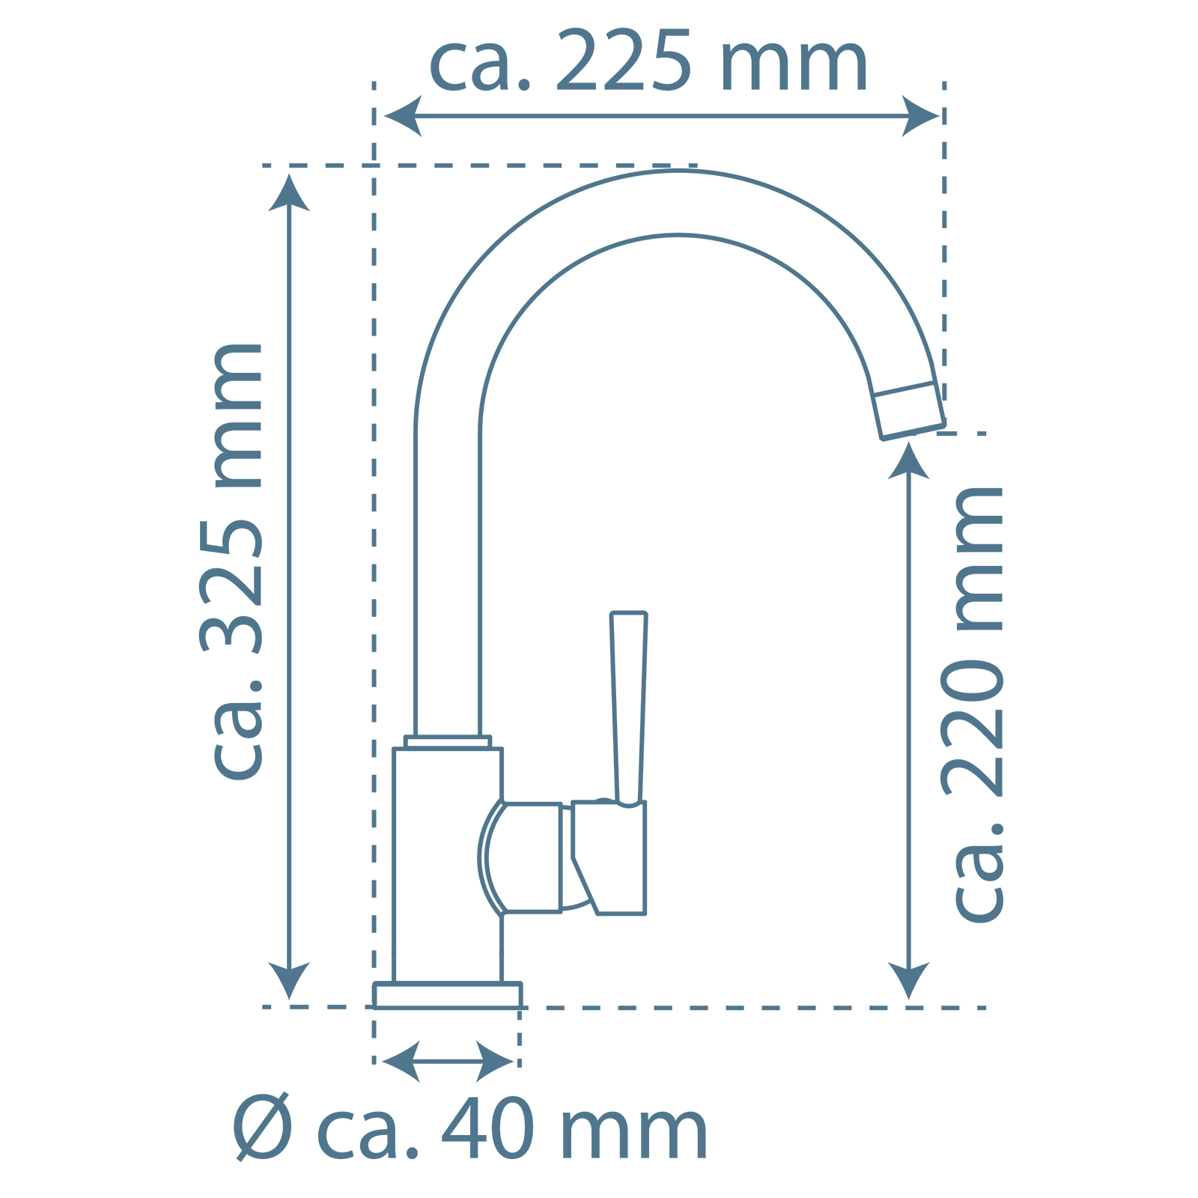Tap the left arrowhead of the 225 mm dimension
point(403,116)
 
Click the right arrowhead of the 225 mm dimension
point(920,116)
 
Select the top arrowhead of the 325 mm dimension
point(289,192)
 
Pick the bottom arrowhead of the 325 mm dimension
point(289,980)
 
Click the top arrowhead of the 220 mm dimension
point(908,460)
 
